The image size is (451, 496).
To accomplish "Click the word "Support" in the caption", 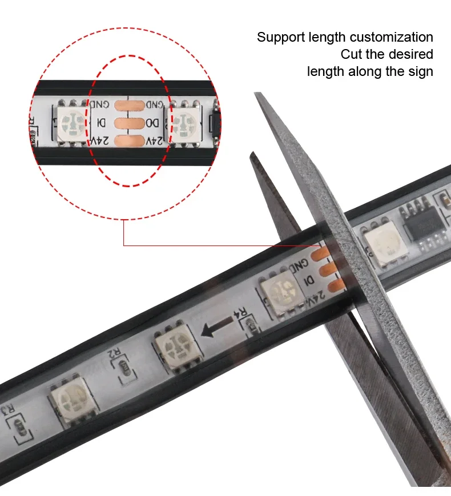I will tap(281, 38).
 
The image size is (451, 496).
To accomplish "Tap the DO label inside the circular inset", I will tap(152, 123).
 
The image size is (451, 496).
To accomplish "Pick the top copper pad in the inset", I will tap(126, 105).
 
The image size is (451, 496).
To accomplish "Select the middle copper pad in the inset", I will tap(126, 123).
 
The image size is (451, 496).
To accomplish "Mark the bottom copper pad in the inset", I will tap(126, 140).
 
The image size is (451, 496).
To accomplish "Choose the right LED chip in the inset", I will tap(183, 122).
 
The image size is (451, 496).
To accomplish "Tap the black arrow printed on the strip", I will tap(215, 326).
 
